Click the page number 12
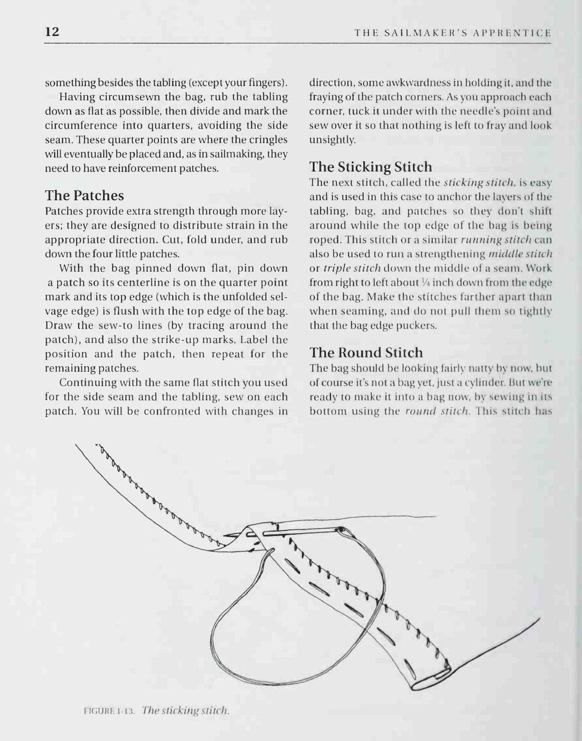point(53,32)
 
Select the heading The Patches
point(84,195)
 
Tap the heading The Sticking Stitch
point(370,166)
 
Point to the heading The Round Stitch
point(366,352)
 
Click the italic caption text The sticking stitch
point(186,710)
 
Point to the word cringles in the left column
point(265,140)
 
